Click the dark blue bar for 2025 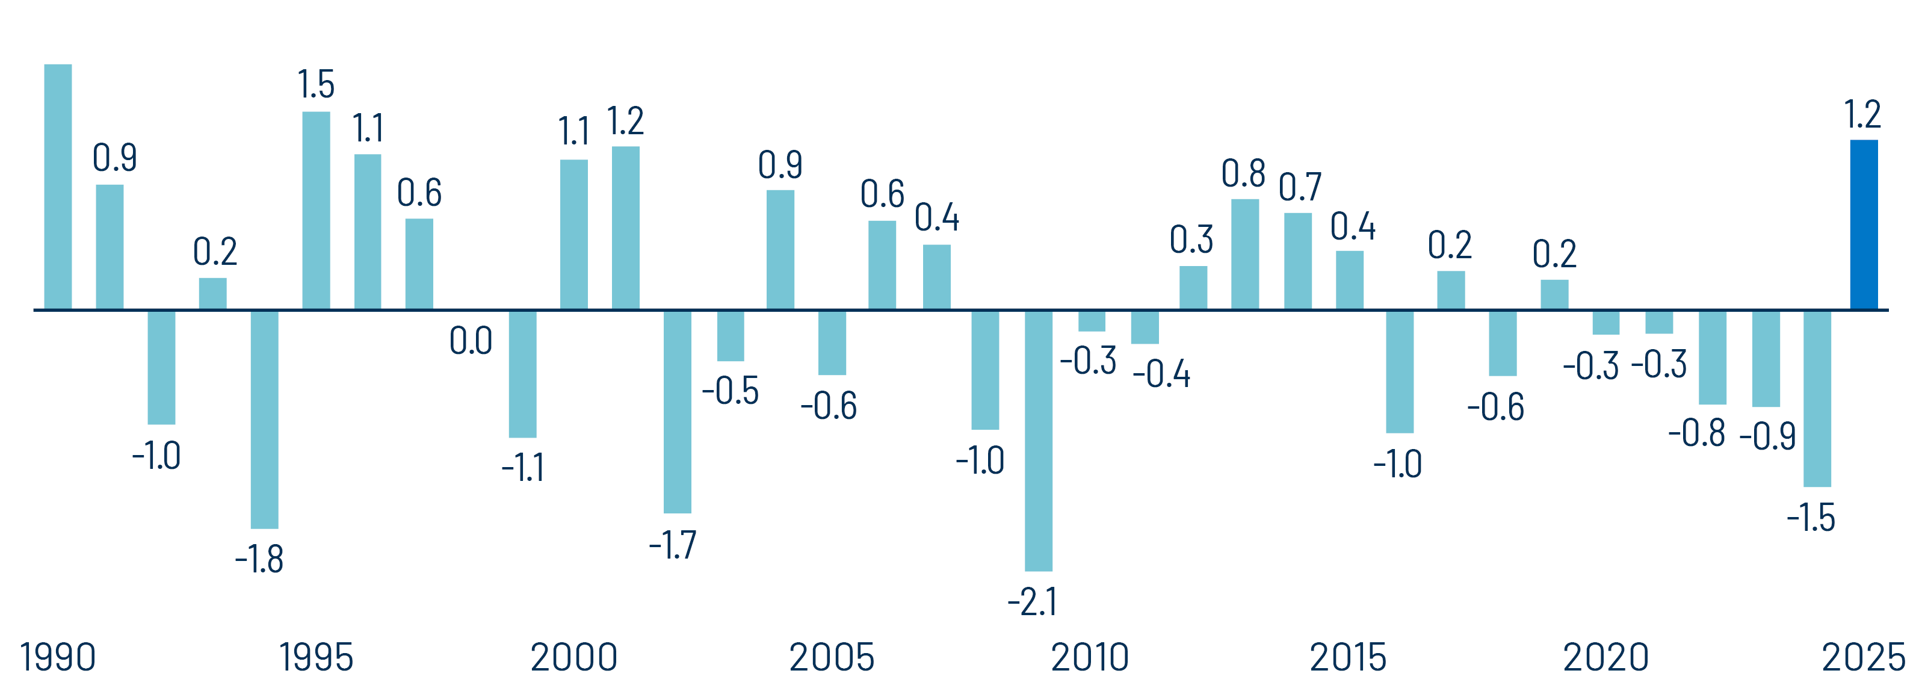click(1863, 224)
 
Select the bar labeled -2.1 click(1039, 440)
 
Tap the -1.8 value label click(259, 559)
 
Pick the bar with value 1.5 click(315, 211)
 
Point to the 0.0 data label click(471, 341)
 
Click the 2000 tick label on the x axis click(573, 657)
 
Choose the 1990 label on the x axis click(57, 657)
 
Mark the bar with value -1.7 click(677, 411)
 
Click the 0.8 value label click(1243, 173)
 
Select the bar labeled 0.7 click(1297, 261)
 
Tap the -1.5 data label click(1811, 518)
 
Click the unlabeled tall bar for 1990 click(58, 187)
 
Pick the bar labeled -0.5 click(731, 336)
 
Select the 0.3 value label click(1191, 240)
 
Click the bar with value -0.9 click(1766, 358)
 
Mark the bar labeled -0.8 click(1713, 357)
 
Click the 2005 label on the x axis click(831, 657)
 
